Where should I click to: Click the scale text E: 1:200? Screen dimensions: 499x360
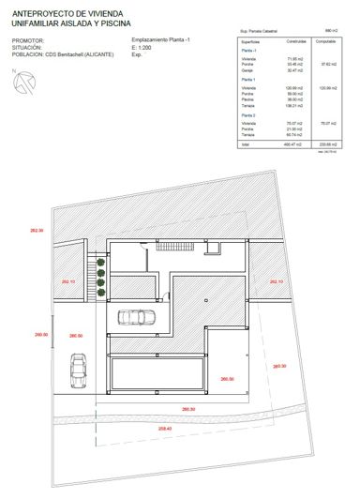[143, 48]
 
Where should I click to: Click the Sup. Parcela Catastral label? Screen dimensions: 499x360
[260, 31]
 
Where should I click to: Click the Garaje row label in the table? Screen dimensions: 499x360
[248, 70]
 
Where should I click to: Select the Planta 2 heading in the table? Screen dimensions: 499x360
[250, 114]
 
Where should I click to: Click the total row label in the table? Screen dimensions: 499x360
[246, 144]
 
